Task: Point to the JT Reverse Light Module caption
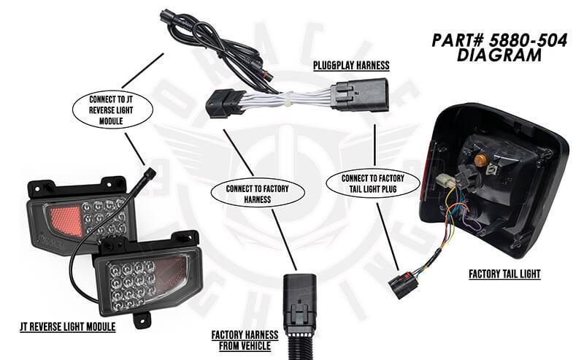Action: point(68,327)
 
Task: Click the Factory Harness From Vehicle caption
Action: point(245,340)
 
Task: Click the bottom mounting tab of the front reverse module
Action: point(141,319)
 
